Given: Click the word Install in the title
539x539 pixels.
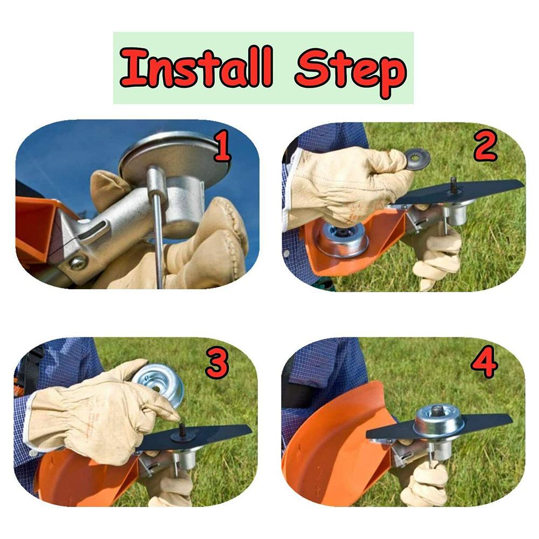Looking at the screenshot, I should coord(196,68).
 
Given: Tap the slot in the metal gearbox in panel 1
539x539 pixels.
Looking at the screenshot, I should coord(96,232).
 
